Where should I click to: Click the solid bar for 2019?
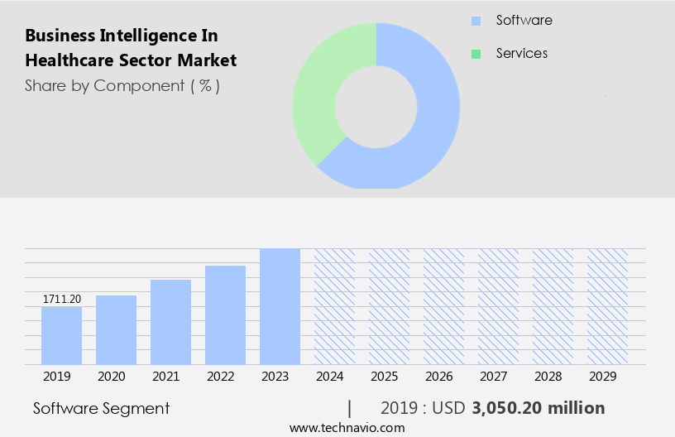coord(61,335)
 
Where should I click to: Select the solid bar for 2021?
coord(170,322)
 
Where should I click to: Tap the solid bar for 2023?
coord(280,306)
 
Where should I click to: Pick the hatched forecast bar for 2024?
coord(334,306)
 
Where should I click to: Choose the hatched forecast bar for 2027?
coord(498,306)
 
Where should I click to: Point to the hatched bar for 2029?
coord(607,306)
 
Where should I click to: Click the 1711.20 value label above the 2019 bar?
coord(61,299)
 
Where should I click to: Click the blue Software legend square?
coord(476,21)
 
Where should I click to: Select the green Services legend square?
coord(476,54)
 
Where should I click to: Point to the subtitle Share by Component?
coord(122,85)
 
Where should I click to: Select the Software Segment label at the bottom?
coord(101,408)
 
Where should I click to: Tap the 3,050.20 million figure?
coord(538,408)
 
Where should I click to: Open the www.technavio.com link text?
coord(347,427)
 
